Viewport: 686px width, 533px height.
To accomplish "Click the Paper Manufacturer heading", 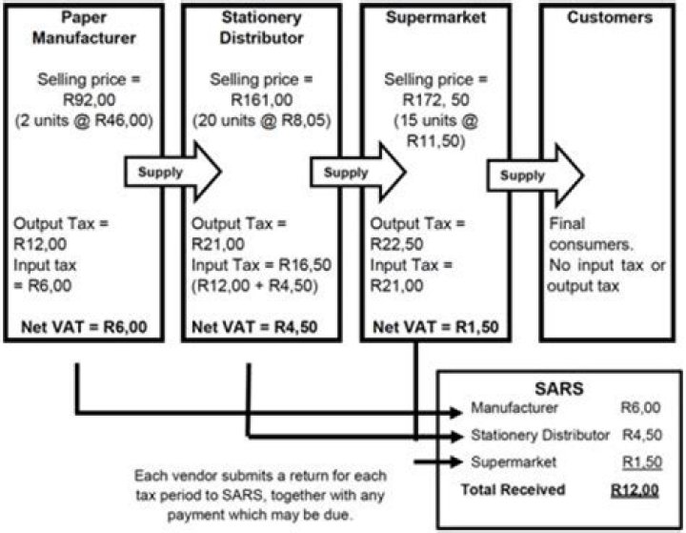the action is click(84, 28).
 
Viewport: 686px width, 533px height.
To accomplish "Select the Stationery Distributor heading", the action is click(261, 28).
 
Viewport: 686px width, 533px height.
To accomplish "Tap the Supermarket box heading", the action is click(435, 17).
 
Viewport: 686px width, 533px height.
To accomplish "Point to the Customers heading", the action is click(610, 17).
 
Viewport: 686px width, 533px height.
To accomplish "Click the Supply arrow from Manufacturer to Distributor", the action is click(172, 172).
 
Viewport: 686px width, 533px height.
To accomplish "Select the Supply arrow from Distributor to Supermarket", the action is click(358, 172).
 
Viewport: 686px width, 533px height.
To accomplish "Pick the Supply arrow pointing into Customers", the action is click(535, 175).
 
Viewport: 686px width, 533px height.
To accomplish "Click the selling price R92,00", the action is click(90, 100).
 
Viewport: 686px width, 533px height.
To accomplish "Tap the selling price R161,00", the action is click(262, 100).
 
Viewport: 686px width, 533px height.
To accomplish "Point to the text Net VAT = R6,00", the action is click(84, 327).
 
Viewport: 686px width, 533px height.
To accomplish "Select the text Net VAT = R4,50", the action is click(254, 327).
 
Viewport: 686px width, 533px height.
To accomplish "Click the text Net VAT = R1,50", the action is click(435, 327).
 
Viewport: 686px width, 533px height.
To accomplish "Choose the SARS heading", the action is click(559, 388).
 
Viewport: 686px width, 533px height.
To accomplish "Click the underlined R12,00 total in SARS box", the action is click(635, 490).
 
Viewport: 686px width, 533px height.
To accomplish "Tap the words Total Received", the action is click(514, 489).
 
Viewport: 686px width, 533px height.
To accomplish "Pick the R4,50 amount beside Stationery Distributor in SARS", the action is click(642, 435).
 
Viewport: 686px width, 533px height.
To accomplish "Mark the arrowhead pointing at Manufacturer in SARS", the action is click(456, 412).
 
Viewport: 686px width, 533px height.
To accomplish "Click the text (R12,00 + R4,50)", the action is click(254, 285).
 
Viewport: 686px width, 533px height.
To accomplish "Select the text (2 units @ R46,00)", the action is click(84, 120).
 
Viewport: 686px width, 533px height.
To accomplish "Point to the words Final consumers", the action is click(592, 234).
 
